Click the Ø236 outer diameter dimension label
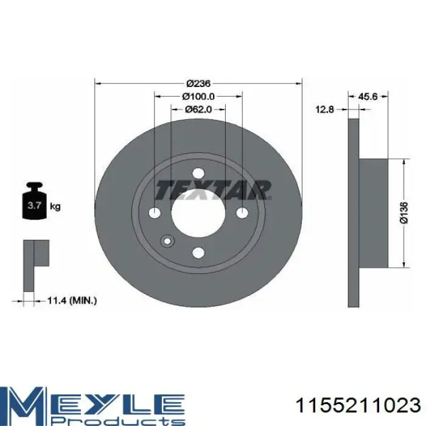coord(198,83)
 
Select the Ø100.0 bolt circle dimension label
coord(198,96)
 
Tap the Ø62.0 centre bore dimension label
coord(198,110)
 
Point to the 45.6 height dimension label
coord(368,96)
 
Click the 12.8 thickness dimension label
coord(324,110)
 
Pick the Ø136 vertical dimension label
coord(404,213)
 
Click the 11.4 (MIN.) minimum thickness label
coord(72,301)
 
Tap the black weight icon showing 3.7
coord(35,201)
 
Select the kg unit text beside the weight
coord(55,206)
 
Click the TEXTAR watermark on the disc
coord(213,190)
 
